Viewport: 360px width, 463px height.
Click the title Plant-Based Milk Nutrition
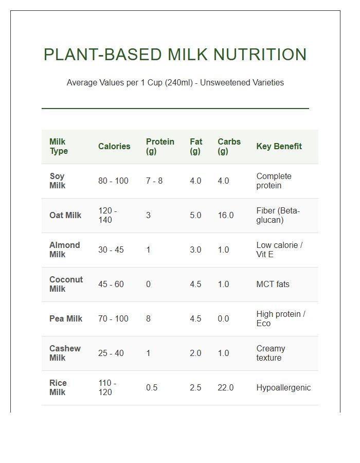[175, 55]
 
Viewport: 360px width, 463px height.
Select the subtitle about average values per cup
[175, 82]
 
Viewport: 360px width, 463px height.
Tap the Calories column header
[114, 147]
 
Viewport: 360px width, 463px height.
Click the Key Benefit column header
[279, 147]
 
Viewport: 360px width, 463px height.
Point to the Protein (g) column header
[160, 147]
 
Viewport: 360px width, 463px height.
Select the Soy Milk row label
[58, 181]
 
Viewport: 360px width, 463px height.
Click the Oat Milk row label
[65, 216]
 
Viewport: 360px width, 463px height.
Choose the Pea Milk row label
[66, 319]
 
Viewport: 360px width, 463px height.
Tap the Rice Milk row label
[58, 388]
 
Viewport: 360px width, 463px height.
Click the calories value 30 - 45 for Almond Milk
[111, 250]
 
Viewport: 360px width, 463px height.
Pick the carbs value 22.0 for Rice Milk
[225, 388]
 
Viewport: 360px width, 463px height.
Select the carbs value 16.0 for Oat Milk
[225, 216]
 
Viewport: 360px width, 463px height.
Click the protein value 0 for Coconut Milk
[148, 284]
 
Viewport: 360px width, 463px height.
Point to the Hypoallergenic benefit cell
[283, 388]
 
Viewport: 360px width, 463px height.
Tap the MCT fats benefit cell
[273, 284]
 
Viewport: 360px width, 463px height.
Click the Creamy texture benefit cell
[271, 353]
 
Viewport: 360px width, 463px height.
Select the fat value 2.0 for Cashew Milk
[195, 353]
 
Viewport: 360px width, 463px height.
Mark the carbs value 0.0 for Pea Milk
[223, 319]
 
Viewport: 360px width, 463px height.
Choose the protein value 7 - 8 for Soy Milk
[154, 181]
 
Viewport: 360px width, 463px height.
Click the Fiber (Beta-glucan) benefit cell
[278, 216]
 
